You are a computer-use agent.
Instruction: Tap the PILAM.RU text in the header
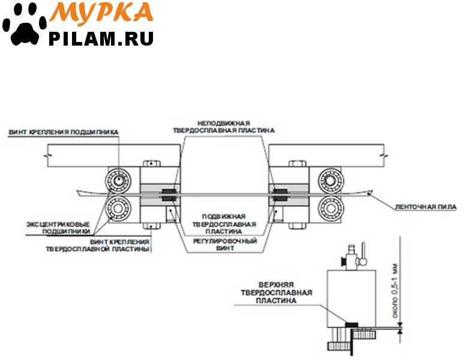pos(101,38)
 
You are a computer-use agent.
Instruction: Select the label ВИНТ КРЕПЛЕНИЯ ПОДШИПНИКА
pos(64,131)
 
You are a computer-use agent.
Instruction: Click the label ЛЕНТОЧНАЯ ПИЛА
pos(425,207)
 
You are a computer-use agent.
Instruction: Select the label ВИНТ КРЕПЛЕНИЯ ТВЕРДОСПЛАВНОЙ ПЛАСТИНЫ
pos(97,245)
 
